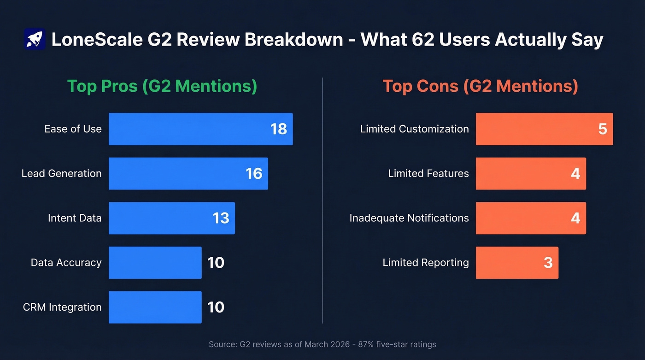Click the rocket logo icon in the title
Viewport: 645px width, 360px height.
(34, 39)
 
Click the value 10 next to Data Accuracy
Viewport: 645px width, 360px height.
(216, 263)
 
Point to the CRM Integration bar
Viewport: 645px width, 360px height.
(155, 307)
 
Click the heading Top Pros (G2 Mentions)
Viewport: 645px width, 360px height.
(162, 86)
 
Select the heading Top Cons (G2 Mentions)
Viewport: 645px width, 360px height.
(480, 86)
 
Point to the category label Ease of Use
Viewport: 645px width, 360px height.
(73, 129)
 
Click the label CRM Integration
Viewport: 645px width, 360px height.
(62, 307)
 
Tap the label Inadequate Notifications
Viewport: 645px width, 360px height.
(409, 218)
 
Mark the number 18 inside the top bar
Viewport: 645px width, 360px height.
(279, 129)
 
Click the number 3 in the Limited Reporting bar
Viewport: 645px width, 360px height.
(548, 263)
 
